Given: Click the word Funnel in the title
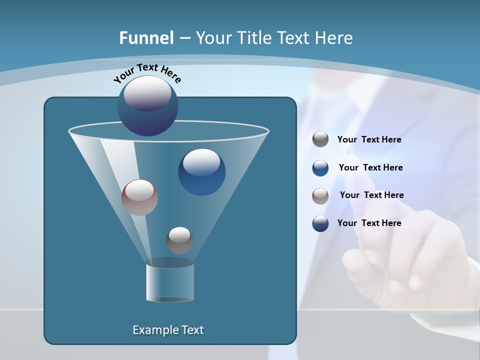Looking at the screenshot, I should pyautogui.click(x=146, y=38).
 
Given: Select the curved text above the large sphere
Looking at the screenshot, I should pyautogui.click(x=147, y=73).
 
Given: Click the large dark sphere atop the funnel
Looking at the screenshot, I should pyautogui.click(x=148, y=105).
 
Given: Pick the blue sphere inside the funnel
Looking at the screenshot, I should pyautogui.click(x=201, y=171).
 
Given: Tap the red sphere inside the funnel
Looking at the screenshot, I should pyautogui.click(x=139, y=197).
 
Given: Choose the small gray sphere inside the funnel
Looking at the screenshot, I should pyautogui.click(x=179, y=240).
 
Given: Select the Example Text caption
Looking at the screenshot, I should pyautogui.click(x=168, y=330).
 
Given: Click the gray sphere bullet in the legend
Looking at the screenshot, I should pyautogui.click(x=320, y=139).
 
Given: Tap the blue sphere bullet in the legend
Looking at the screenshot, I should pyautogui.click(x=320, y=168).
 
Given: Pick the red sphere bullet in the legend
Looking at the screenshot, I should pyautogui.click(x=320, y=196).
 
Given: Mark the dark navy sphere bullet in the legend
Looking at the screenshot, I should pyautogui.click(x=320, y=223).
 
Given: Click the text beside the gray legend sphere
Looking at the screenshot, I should pyautogui.click(x=369, y=140).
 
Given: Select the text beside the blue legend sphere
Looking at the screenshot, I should pyautogui.click(x=370, y=168).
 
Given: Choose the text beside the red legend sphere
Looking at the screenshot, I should pyautogui.click(x=371, y=195).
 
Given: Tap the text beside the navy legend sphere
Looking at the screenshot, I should pyautogui.click(x=369, y=223).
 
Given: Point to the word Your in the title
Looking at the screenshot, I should pyautogui.click(x=211, y=38).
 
